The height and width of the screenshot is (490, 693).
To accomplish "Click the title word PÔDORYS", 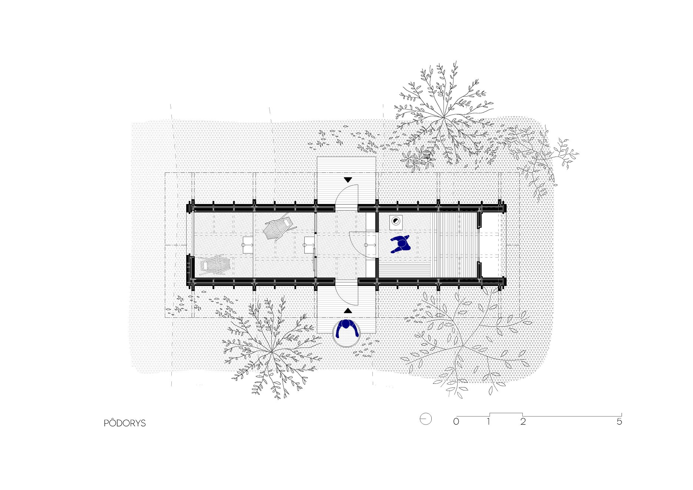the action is coord(125,423).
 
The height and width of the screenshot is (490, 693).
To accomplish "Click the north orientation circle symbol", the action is coord(426,419).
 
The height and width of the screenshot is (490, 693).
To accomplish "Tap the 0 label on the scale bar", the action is coord(456,422).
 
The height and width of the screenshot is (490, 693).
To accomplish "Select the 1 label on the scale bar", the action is coord(489,422).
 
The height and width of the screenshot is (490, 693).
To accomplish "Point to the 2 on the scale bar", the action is coord(523,422).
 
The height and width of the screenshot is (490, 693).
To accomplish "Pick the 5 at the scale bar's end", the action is coord(619,422).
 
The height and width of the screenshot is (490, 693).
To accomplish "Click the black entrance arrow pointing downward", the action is coord(348,180).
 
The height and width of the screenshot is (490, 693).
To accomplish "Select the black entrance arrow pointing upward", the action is coord(348,311).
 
